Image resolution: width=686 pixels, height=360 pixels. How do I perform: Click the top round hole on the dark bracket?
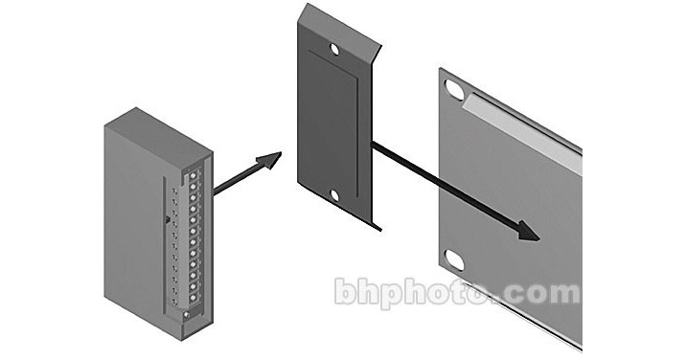coord(334,49)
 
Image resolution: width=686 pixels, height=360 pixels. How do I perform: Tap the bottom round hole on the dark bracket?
coord(334,195)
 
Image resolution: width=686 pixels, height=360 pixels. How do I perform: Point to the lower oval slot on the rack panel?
coord(455,259)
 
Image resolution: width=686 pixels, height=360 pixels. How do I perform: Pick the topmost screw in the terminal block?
coord(193,175)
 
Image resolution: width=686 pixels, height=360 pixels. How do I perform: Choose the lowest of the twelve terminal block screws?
coord(193,298)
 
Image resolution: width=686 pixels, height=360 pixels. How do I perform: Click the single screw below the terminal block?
coord(187,314)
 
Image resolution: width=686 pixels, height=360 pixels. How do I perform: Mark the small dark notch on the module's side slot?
coord(167,219)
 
